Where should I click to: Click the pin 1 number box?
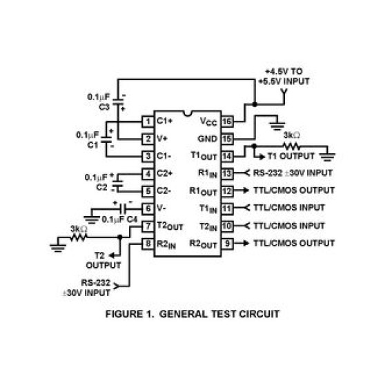148,121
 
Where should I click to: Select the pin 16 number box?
227,121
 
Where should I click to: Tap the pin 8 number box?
148,244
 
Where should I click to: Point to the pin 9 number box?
227,244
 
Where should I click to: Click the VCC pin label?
208,121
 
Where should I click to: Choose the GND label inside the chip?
207,139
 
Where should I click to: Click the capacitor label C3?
104,107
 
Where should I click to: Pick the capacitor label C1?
92,145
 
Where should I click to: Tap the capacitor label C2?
101,187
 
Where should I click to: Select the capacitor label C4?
132,219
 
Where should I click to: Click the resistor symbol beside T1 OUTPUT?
291,146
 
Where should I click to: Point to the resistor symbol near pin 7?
79,237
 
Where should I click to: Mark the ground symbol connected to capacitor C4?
92,220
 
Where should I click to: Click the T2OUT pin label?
170,226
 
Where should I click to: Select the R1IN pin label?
208,173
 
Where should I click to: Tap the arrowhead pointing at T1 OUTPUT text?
262,157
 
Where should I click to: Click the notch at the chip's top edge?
188,114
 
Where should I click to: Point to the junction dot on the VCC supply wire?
255,104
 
